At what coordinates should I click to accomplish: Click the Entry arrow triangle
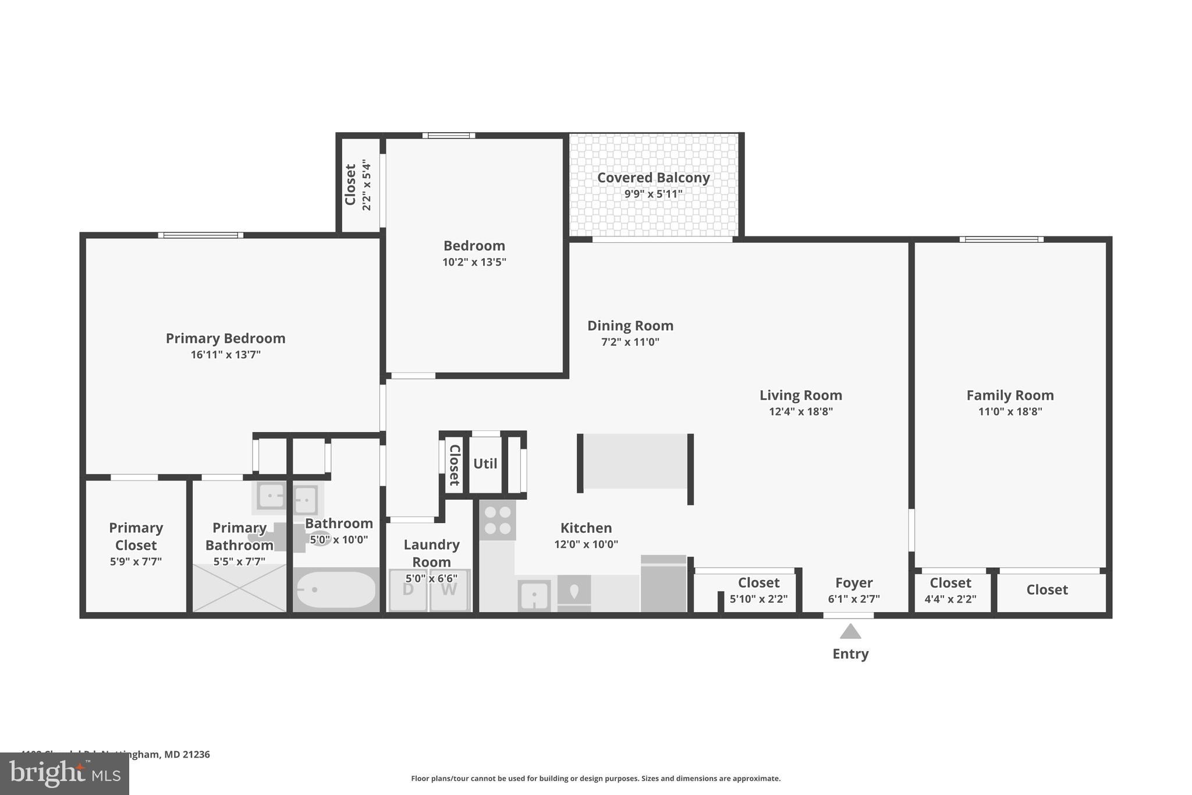pyautogui.click(x=850, y=631)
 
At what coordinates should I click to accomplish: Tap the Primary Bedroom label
pyautogui.click(x=225, y=338)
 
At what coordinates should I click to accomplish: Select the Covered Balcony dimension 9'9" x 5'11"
pyautogui.click(x=653, y=194)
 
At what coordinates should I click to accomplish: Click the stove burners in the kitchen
pyautogui.click(x=498, y=520)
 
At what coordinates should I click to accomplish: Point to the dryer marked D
pyautogui.click(x=408, y=589)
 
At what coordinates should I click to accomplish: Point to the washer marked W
pyautogui.click(x=449, y=589)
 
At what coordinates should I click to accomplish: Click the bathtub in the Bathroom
pyautogui.click(x=336, y=589)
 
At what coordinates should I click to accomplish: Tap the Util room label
pyautogui.click(x=485, y=464)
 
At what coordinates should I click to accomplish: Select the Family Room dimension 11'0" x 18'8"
pyautogui.click(x=1010, y=412)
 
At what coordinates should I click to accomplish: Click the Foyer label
pyautogui.click(x=854, y=582)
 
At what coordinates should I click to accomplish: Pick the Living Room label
pyautogui.click(x=800, y=395)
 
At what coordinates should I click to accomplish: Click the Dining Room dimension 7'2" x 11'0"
pyautogui.click(x=630, y=342)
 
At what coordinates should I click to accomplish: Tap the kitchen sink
pyautogui.click(x=534, y=595)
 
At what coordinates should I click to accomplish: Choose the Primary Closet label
pyautogui.click(x=136, y=536)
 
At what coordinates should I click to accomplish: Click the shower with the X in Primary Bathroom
pyautogui.click(x=239, y=588)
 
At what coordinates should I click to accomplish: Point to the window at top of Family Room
pyautogui.click(x=1001, y=239)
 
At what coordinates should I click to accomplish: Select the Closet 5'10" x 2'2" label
pyautogui.click(x=758, y=582)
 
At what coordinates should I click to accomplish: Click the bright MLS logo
pyautogui.click(x=65, y=773)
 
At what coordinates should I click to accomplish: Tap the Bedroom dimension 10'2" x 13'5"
pyautogui.click(x=474, y=262)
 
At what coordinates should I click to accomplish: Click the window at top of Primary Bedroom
pyautogui.click(x=201, y=235)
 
